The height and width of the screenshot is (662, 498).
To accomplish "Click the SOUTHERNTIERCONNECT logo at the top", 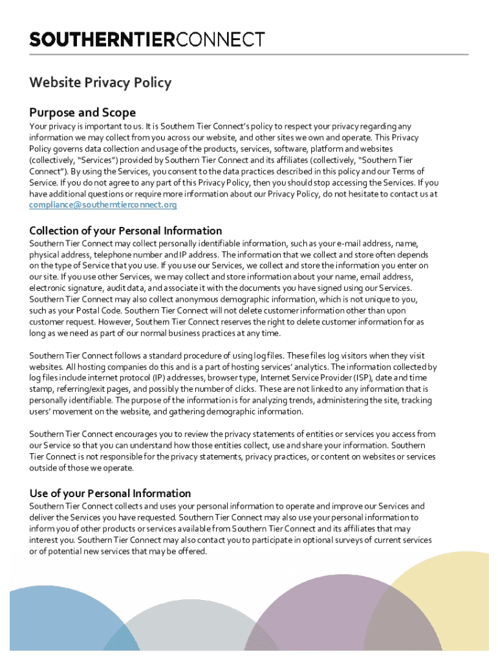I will coord(147,39).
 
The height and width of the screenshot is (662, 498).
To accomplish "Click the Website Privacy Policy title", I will coord(100,83).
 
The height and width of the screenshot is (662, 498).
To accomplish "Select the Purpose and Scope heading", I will coord(83,112).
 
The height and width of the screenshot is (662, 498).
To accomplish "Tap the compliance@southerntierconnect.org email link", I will coord(103,205).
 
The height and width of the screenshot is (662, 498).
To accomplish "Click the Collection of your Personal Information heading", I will coord(125,231).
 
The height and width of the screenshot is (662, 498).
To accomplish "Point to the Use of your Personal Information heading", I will coord(110,493).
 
